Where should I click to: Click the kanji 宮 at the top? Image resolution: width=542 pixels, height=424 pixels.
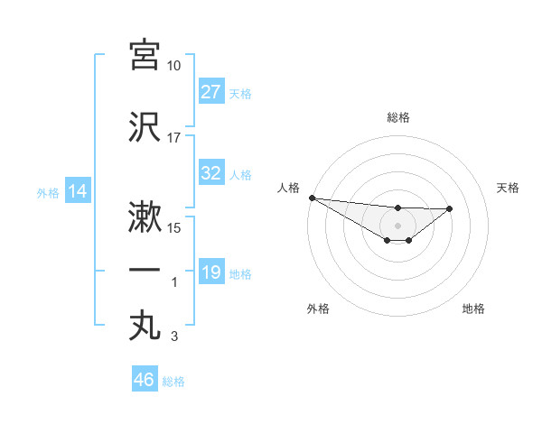coord(145,55)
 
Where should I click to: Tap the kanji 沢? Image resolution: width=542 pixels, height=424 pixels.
coord(145,127)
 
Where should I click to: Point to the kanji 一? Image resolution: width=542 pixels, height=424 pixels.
coord(145,271)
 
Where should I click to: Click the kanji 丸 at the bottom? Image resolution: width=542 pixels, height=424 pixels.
coord(145,325)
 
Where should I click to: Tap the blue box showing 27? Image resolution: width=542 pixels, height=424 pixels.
coord(211,92)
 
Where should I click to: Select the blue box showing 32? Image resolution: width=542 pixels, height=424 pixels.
coord(211,173)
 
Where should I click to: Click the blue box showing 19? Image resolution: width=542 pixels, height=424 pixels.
coord(211,272)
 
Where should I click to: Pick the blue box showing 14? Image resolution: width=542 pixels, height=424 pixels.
coord(77,191)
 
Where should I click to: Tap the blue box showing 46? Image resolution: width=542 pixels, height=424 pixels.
coord(145,380)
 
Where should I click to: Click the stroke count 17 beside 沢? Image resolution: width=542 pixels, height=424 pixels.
coord(174,138)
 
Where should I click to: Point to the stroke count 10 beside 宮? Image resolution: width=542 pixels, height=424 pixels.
coord(174,66)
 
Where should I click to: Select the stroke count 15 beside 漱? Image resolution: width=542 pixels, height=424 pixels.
coord(174,228)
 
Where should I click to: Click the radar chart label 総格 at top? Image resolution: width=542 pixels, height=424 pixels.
coord(398,117)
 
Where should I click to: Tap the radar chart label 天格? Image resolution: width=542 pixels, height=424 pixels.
coord(509,188)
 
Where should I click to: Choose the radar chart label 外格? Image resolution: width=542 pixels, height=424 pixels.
coord(318,309)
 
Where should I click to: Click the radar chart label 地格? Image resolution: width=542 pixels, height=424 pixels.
coord(473,309)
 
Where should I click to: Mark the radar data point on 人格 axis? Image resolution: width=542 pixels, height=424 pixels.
coord(312,198)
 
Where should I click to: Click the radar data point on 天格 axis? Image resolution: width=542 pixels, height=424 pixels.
coord(450,208)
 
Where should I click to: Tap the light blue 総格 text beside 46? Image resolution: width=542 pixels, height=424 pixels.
coord(173,382)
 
